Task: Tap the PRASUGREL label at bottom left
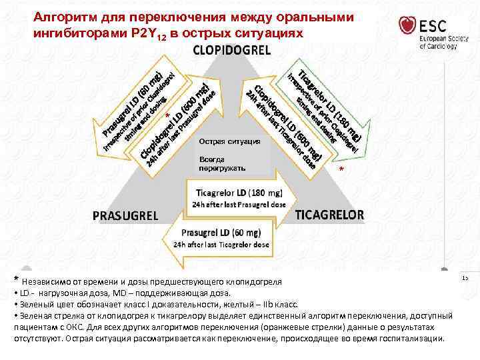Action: (x=125, y=215)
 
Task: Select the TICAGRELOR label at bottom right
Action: (x=330, y=215)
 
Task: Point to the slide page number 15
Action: (x=465, y=277)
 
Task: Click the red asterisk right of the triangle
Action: (x=341, y=171)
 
